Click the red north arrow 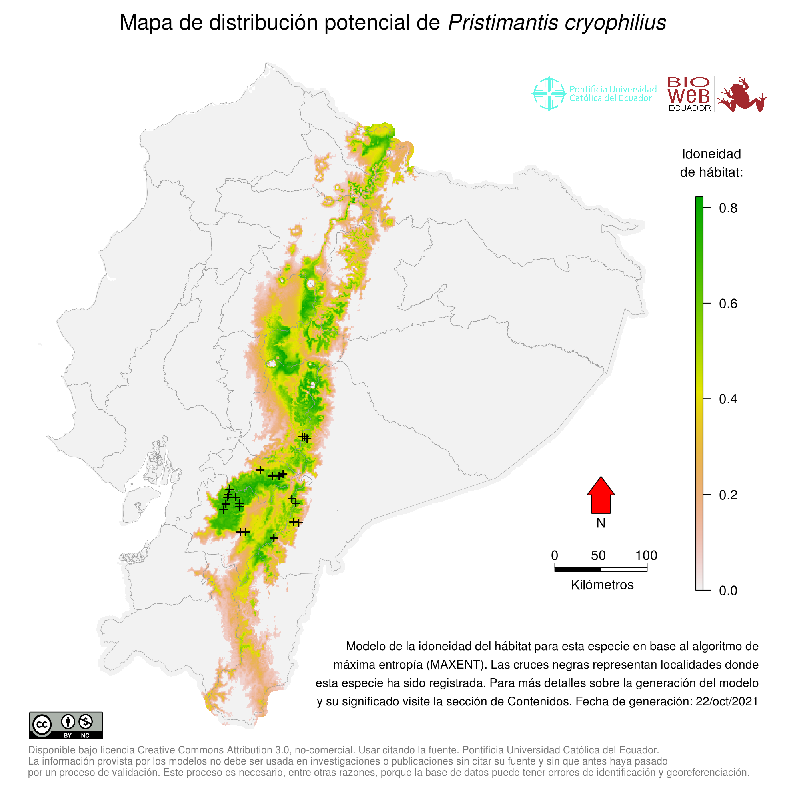[x=601, y=496]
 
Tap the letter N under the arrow [x=601, y=523]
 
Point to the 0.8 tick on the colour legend [x=728, y=208]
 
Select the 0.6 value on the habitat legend [x=728, y=304]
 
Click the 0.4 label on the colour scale [x=728, y=399]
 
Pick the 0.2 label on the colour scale [x=728, y=495]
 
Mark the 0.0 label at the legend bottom [x=728, y=591]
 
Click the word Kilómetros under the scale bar [x=602, y=585]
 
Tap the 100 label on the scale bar [x=647, y=555]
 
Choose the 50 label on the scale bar [x=598, y=555]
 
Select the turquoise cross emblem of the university [x=549, y=94]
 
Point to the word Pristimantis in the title [x=503, y=23]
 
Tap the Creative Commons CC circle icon [x=42, y=725]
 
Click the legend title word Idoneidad [x=711, y=154]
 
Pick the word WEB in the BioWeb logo [x=689, y=96]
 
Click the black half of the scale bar [x=577, y=569]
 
